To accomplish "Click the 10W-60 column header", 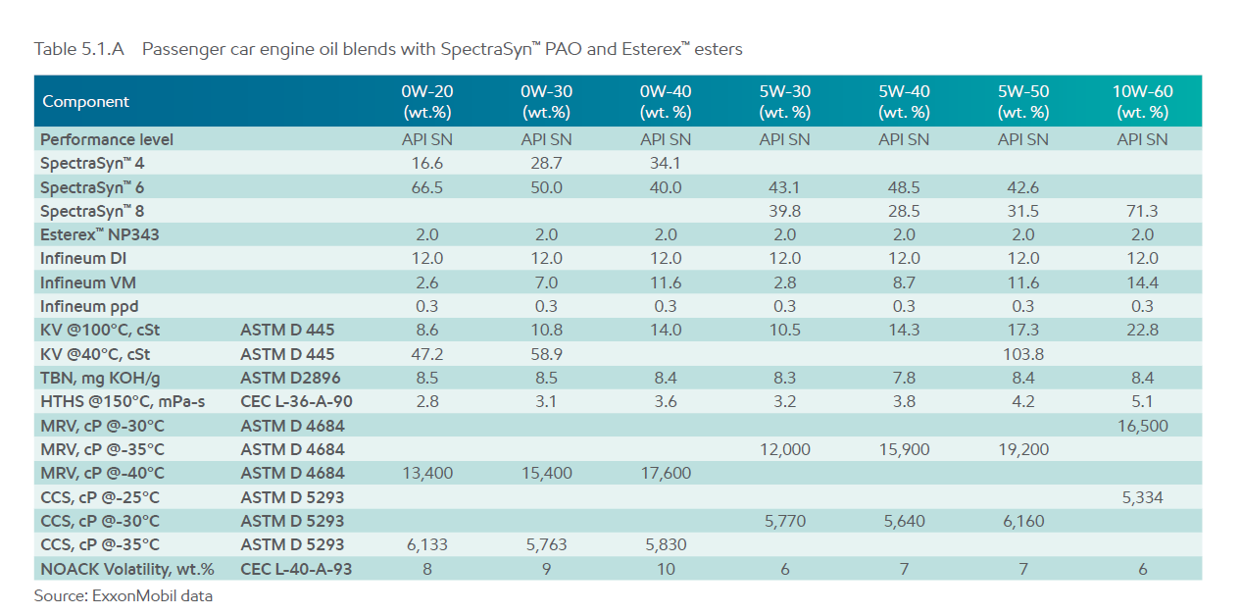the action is point(1142,101).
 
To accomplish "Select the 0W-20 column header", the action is point(427,101).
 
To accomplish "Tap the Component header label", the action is point(85,101).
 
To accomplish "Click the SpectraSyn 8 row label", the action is point(92,211).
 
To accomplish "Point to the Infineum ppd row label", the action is point(89,306).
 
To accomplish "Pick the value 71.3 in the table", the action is point(1142,211).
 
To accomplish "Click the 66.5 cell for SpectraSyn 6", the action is point(427,187).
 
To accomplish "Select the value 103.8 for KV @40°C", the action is point(1023,354).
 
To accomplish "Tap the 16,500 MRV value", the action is point(1142,426).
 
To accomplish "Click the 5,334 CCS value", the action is point(1142,497).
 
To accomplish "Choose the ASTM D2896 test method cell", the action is point(290,379).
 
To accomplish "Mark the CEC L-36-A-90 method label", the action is point(296,401).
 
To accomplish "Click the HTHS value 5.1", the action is point(1142,401).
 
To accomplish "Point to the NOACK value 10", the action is point(666,569).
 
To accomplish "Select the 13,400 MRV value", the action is point(427,473).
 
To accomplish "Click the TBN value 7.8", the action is point(904,379).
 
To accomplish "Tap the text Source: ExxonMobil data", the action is point(123,596).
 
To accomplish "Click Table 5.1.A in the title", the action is point(79,49).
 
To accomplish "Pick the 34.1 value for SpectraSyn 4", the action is point(666,163).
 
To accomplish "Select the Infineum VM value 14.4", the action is point(1142,282).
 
